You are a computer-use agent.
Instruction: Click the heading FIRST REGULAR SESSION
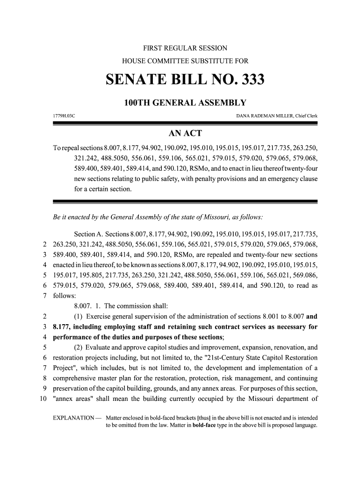[185, 48]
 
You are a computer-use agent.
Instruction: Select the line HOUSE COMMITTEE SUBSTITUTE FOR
[185, 61]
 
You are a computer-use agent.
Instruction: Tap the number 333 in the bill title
[247, 80]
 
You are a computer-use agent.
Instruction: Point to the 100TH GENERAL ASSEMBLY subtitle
[185, 103]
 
